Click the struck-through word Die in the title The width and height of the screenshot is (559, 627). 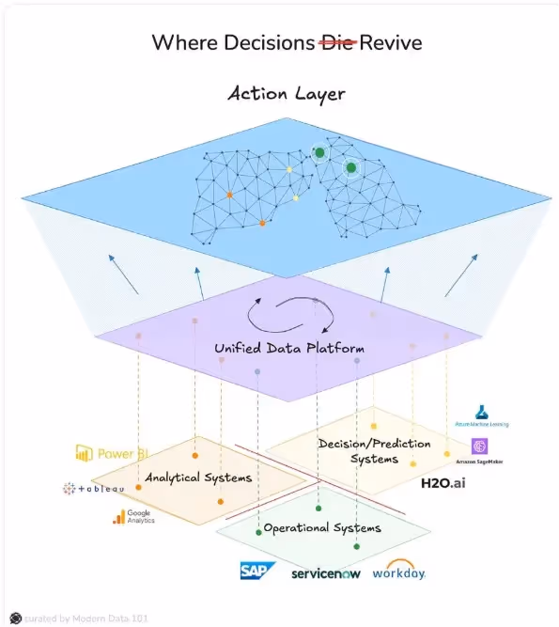click(x=338, y=42)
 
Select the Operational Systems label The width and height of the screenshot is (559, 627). click(x=322, y=527)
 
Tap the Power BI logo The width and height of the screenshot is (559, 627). click(x=113, y=453)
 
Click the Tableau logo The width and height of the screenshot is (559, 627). click(x=94, y=488)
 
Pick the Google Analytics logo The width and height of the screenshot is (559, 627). click(x=133, y=516)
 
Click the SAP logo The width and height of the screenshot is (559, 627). click(x=256, y=571)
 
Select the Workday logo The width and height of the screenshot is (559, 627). click(x=398, y=571)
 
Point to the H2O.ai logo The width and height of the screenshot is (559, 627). click(x=443, y=483)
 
